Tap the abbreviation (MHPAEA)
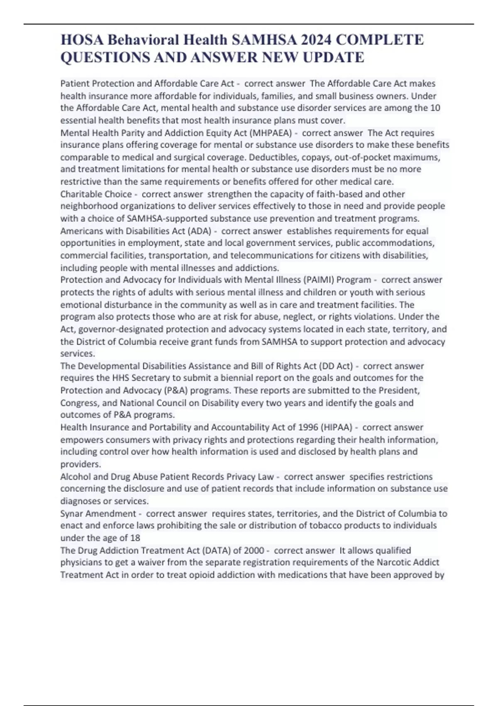click(269, 133)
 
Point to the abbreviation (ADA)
click(200, 231)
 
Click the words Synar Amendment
click(98, 514)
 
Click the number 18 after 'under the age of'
click(135, 538)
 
